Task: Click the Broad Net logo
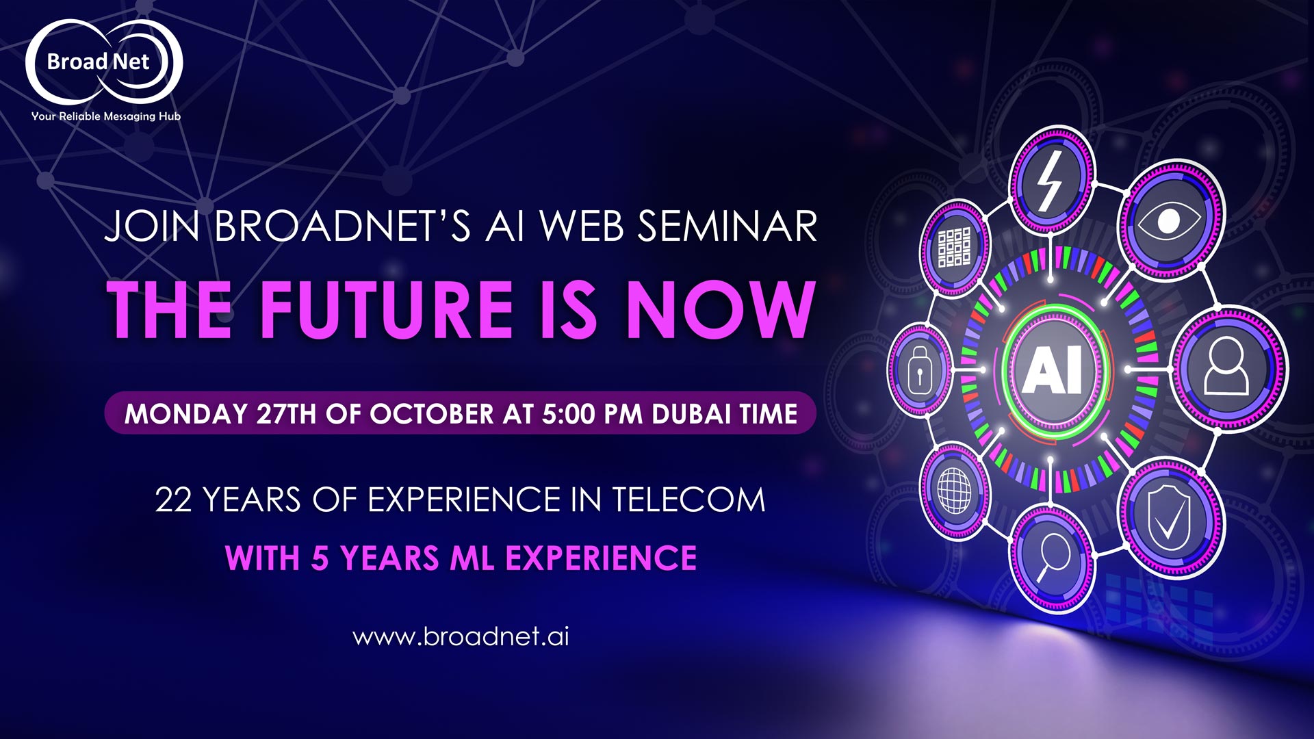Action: point(104,62)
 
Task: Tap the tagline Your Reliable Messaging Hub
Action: point(106,116)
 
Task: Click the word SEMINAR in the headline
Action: point(727,226)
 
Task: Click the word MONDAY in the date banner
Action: point(186,414)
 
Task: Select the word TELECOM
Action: point(688,500)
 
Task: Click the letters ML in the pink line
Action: point(472,558)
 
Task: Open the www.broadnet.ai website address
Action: point(461,636)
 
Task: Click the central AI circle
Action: point(1053,369)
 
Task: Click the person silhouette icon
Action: point(1226,366)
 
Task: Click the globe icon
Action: point(954,489)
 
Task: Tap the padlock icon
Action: point(920,371)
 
